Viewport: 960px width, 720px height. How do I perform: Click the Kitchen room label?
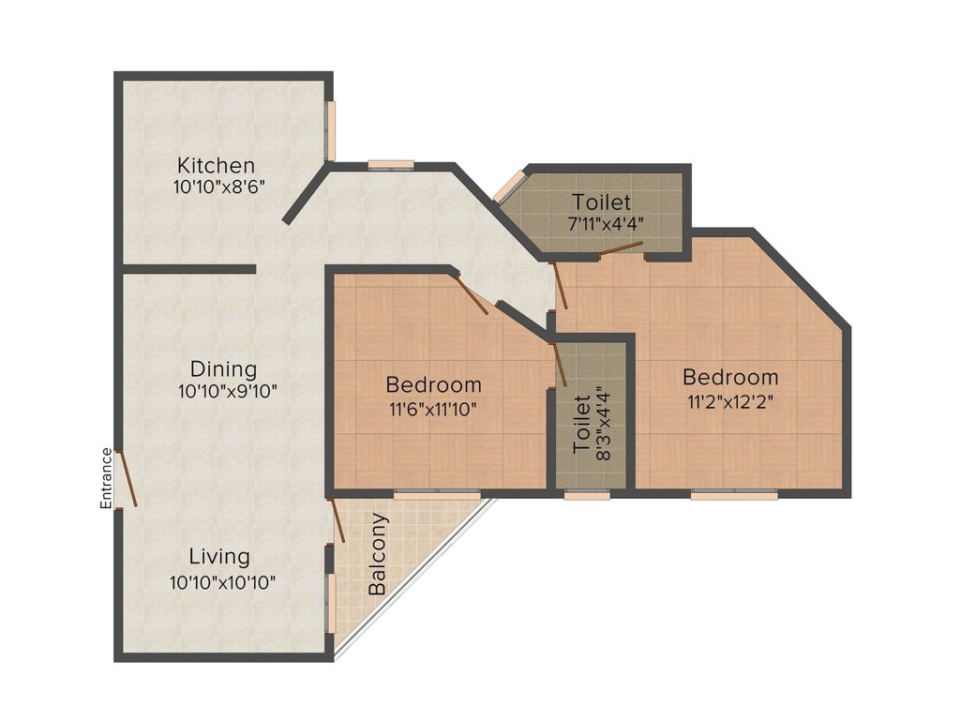pos(216,165)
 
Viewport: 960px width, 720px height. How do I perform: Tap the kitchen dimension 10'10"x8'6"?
pos(218,187)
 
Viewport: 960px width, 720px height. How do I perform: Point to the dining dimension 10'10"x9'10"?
pos(228,391)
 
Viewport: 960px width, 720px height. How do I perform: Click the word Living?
pos(219,557)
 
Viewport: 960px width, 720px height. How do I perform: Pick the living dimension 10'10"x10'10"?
pos(223,581)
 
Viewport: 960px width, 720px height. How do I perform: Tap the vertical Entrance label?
pos(107,479)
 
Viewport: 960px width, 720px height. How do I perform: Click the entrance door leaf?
pos(127,479)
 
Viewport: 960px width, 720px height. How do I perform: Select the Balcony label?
pos(378,555)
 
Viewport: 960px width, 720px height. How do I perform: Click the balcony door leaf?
pos(337,520)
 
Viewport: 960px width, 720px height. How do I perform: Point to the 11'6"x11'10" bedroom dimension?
pos(433,409)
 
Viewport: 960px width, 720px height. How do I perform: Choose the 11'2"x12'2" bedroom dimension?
pos(730,401)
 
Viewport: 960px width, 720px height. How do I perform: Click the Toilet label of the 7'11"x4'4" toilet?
pos(601,202)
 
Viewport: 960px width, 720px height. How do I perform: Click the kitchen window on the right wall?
pos(331,130)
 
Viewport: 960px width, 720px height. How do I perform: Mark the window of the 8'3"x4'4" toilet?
pos(587,495)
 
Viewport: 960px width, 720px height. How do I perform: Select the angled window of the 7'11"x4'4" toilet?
pos(510,186)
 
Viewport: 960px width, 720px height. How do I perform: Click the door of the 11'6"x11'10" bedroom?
pos(472,294)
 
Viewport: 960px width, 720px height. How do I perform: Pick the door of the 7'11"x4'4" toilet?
pos(621,248)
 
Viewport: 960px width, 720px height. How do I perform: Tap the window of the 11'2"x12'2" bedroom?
pos(734,495)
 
